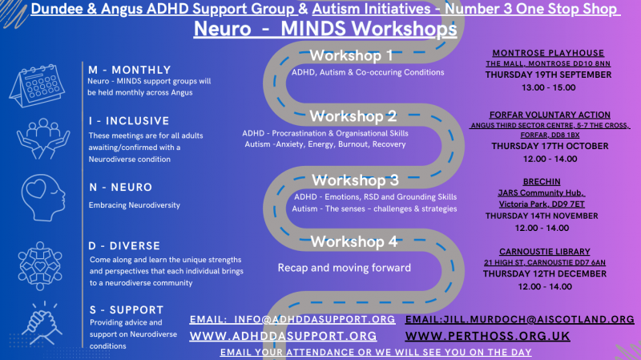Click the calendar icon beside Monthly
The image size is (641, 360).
[x=37, y=86]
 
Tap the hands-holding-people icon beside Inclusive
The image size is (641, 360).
[x=43, y=139]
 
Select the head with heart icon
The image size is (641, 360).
[x=43, y=197]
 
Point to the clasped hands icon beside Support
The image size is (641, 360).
[x=42, y=323]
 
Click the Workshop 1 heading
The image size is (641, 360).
[x=351, y=55]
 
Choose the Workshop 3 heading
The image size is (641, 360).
[x=355, y=180]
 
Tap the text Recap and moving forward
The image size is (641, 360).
[x=345, y=268]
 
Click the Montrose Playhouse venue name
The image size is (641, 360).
[x=548, y=53]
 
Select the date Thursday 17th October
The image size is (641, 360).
[x=550, y=146]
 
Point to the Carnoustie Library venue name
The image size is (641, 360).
[x=545, y=252]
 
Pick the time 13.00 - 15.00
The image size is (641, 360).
[x=549, y=87]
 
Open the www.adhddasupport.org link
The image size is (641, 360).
[x=283, y=336]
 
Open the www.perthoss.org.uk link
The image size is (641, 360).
[x=487, y=336]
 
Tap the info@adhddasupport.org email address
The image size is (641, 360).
[x=314, y=319]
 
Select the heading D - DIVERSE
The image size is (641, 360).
[x=124, y=246]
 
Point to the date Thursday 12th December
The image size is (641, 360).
[x=545, y=273]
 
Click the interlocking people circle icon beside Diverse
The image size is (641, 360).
[x=40, y=266]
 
